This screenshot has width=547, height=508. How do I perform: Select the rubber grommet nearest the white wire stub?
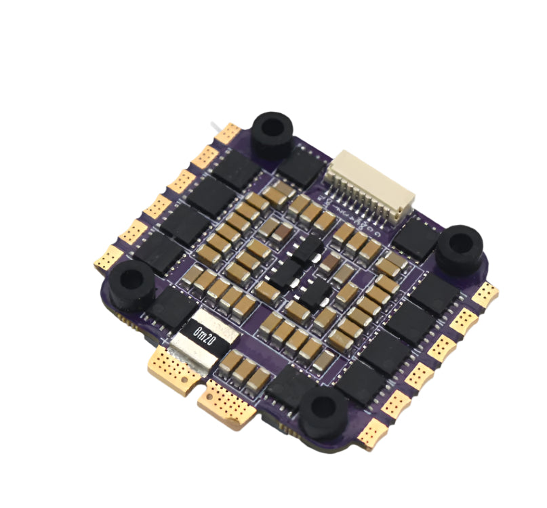272,127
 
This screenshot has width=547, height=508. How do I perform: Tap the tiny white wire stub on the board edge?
214,127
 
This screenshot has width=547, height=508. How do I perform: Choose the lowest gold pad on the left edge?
109,258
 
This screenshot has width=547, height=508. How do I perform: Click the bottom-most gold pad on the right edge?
373,433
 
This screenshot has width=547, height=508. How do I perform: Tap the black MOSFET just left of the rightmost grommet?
416,238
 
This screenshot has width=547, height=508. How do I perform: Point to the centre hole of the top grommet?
272,127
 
